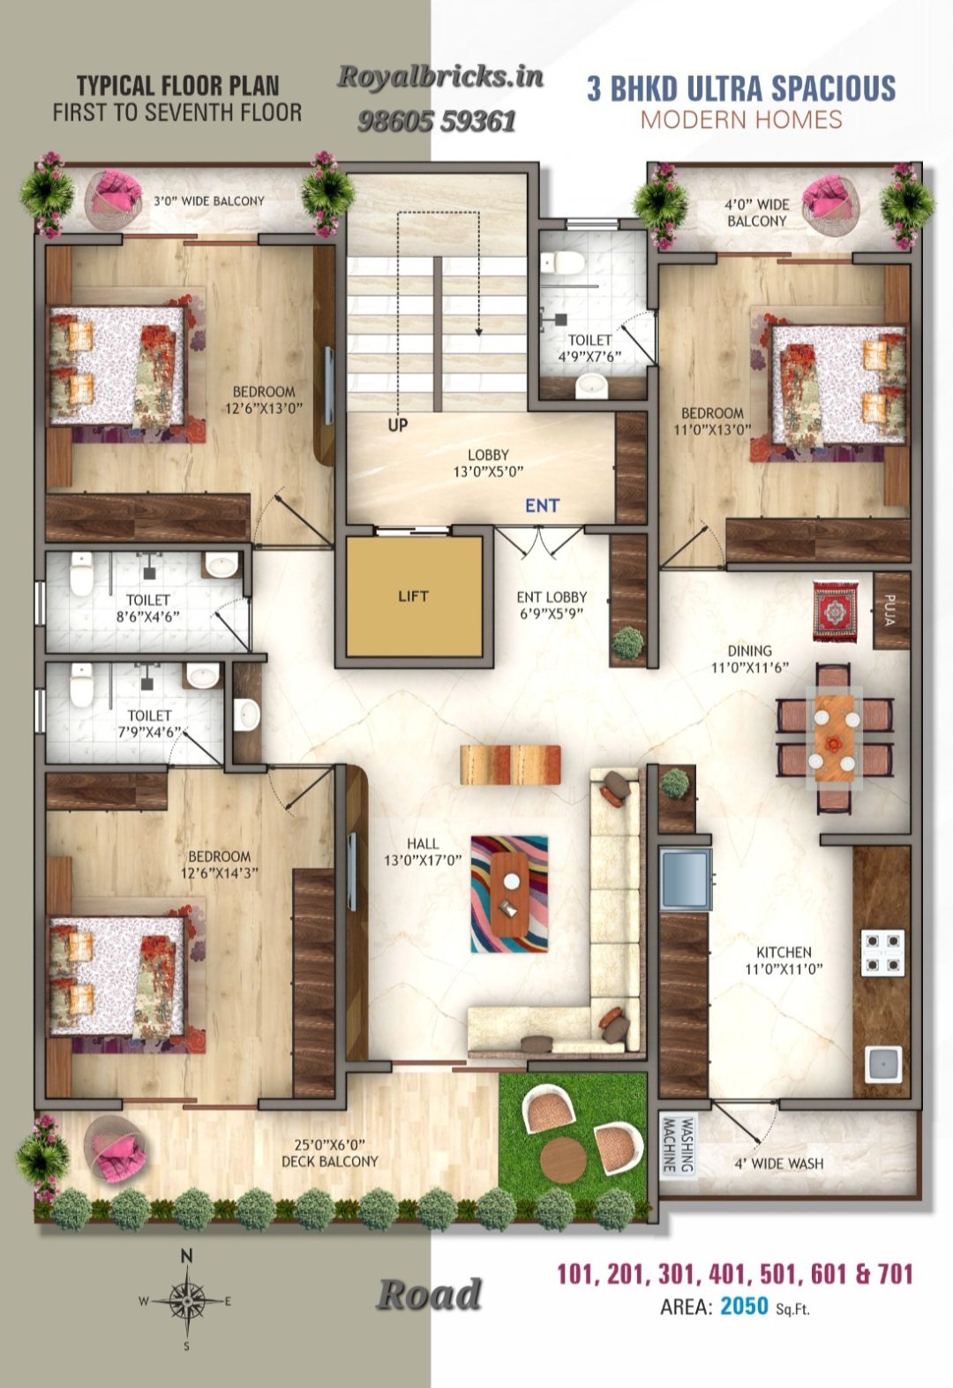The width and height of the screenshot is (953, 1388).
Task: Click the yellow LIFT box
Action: pyautogui.click(x=414, y=596)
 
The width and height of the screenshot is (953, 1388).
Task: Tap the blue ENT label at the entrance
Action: pyautogui.click(x=542, y=506)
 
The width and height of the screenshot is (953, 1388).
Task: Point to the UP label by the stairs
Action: pyautogui.click(x=398, y=425)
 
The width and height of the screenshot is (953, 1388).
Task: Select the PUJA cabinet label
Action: pyautogui.click(x=889, y=610)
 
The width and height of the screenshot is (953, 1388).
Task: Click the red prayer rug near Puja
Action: pyautogui.click(x=836, y=611)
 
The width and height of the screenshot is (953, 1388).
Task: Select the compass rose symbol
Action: pyautogui.click(x=186, y=1301)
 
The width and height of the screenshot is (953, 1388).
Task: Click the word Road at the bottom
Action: pyautogui.click(x=429, y=1294)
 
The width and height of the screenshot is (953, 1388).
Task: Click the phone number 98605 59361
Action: pyautogui.click(x=437, y=122)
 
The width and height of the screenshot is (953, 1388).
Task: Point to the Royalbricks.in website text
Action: pyautogui.click(x=440, y=77)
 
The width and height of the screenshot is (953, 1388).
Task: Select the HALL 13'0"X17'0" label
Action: pyautogui.click(x=424, y=851)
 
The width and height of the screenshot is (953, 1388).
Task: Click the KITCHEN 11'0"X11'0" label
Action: pyautogui.click(x=784, y=960)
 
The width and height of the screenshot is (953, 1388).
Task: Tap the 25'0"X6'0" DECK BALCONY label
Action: pyautogui.click(x=329, y=1152)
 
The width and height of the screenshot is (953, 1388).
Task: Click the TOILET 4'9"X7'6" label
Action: pyautogui.click(x=589, y=348)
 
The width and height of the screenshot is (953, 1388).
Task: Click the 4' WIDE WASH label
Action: pyautogui.click(x=779, y=1163)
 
